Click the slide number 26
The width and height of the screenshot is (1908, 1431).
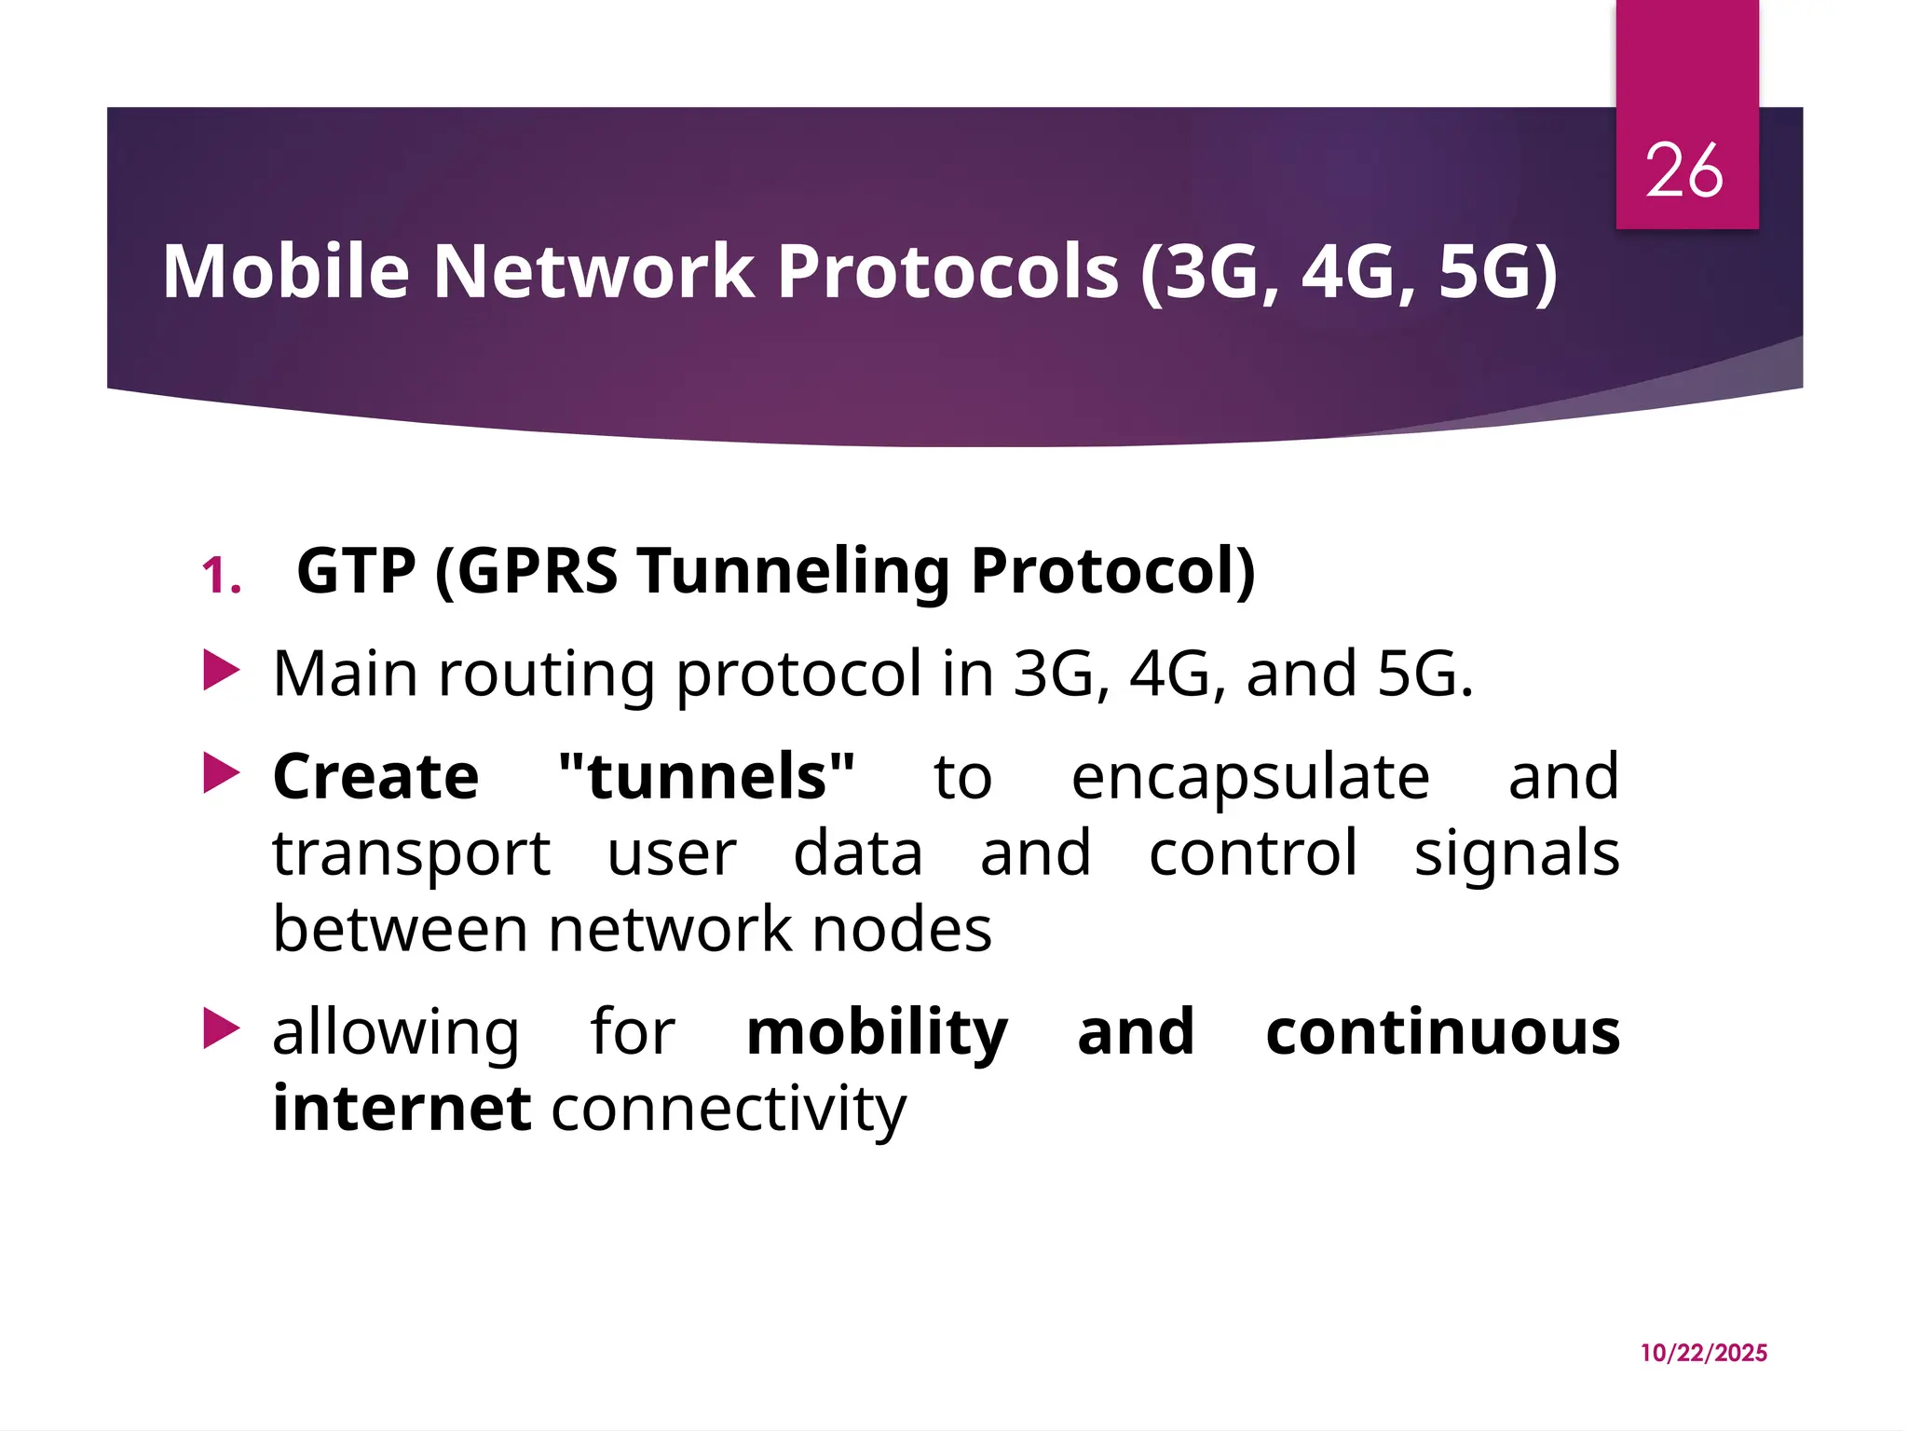1683,170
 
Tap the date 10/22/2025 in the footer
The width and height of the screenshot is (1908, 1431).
1703,1353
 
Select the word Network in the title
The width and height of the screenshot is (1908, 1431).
593,271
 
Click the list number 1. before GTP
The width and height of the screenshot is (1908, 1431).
222,575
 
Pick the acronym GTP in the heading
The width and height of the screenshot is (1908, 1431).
356,570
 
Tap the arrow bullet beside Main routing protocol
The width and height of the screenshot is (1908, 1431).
222,671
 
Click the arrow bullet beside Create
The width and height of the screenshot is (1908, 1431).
222,773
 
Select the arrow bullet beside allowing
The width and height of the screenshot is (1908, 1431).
222,1029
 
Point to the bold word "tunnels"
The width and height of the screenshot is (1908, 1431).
706,776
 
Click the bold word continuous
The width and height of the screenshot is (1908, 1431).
1442,1032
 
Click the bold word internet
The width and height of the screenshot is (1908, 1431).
402,1109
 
